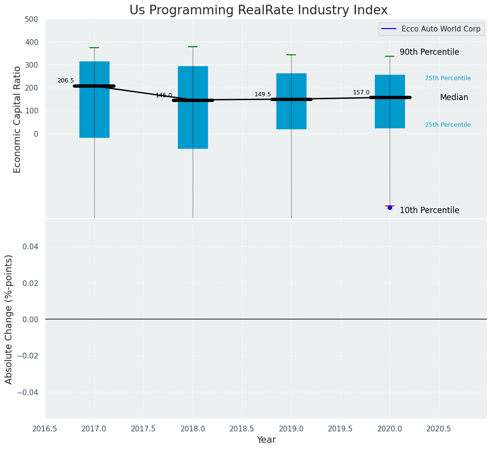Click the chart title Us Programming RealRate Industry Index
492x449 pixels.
click(x=258, y=10)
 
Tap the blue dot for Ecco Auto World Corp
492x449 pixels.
click(x=390, y=207)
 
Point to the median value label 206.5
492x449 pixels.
click(x=66, y=81)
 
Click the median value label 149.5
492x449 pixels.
click(x=263, y=94)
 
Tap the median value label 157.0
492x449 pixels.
click(x=361, y=92)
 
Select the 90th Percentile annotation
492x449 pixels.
click(x=429, y=52)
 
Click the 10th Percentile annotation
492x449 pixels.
click(x=429, y=210)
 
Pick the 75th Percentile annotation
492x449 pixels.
click(x=448, y=78)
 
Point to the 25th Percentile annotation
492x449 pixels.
click(x=448, y=125)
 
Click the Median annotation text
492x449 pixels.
click(x=454, y=98)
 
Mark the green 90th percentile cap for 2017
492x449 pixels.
click(x=94, y=48)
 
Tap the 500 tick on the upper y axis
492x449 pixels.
click(x=31, y=20)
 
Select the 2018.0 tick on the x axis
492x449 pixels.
click(x=193, y=429)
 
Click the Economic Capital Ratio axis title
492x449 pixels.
click(x=18, y=119)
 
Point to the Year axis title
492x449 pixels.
click(x=266, y=440)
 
